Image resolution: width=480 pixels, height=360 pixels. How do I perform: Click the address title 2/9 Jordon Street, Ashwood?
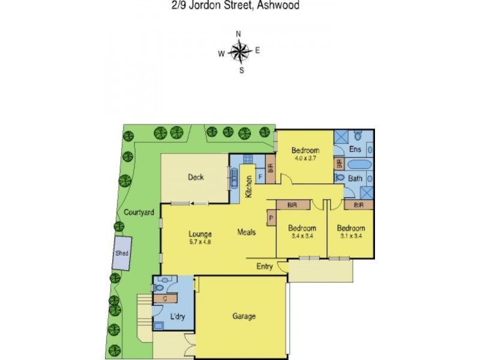(x=240, y=5)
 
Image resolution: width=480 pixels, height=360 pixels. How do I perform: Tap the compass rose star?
(x=240, y=53)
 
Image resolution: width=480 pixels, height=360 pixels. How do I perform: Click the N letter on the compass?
(x=239, y=34)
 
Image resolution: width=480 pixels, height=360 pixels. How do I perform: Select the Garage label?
(x=244, y=316)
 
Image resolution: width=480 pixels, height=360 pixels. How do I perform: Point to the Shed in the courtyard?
(x=122, y=254)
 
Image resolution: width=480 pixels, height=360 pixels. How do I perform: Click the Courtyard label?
(x=140, y=212)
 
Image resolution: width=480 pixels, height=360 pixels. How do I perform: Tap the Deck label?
(x=196, y=177)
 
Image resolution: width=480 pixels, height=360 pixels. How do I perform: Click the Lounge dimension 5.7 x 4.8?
(x=200, y=242)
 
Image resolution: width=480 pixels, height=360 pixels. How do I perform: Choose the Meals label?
(x=247, y=232)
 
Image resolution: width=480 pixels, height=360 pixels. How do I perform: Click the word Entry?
(x=265, y=266)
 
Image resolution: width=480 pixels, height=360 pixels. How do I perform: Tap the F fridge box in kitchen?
(x=260, y=177)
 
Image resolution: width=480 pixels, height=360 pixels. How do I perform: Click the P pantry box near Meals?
(x=271, y=218)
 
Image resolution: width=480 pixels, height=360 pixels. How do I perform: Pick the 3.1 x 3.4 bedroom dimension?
(x=350, y=236)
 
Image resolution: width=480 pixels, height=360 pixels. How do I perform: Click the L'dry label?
(x=176, y=316)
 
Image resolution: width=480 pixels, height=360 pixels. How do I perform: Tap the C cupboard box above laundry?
(x=164, y=298)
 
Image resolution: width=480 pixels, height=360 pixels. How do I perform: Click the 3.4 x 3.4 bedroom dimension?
(x=301, y=236)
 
